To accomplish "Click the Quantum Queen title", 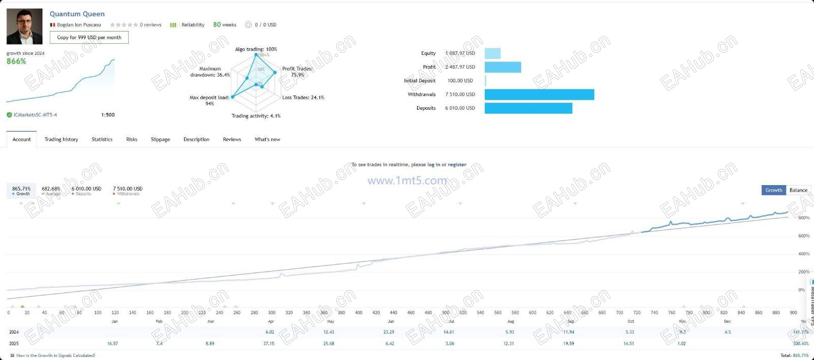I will pos(77,14).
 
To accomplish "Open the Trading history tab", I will pos(61,139).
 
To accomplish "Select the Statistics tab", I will pos(102,139).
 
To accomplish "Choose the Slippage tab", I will pos(160,139).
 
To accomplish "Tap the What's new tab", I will pos(267,139).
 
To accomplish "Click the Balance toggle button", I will pos(798,190).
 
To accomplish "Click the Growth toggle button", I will pos(773,190).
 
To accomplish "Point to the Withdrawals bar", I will pos(539,95).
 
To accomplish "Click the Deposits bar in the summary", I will pos(528,108).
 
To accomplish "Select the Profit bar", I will pos(503,67).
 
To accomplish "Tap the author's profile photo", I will pos(24,26).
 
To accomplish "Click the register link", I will pos(457,165).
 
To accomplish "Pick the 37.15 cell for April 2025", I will pos(269,344).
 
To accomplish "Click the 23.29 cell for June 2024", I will pos(389,332).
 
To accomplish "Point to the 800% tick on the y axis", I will pos(804,218).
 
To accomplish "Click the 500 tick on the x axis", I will pos(446,313).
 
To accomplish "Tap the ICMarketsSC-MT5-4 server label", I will pos(35,115).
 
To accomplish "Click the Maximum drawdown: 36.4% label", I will pos(210,72).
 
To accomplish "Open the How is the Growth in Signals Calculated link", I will pos(55,355).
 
